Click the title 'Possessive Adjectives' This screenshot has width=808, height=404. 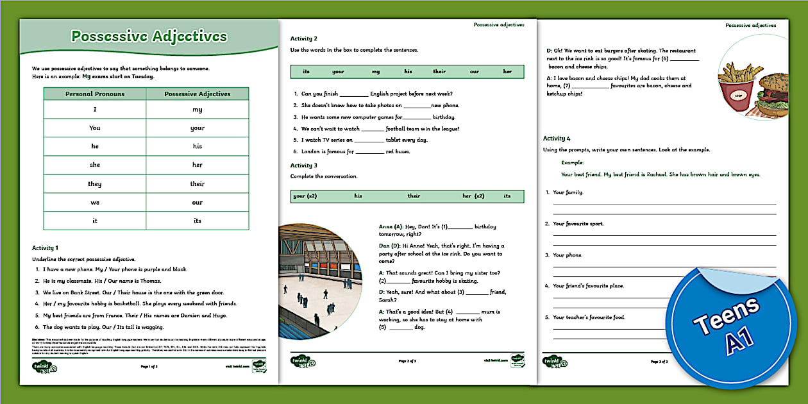149,37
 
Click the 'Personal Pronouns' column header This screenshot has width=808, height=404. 95,94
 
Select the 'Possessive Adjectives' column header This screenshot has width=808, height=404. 197,94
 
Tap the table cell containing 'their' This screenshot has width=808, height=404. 197,183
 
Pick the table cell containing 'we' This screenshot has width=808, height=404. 95,202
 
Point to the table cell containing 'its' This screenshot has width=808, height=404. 197,221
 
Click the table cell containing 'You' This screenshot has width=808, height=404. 95,128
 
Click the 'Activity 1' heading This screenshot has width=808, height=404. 45,247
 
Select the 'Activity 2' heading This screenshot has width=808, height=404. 304,38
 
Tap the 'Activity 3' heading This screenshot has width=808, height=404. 304,165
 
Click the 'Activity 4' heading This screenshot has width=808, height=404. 557,139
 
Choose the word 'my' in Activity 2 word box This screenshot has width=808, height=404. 376,72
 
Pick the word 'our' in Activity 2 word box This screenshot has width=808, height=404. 474,72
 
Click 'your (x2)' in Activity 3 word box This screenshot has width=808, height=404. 305,196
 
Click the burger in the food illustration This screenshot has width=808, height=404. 777,93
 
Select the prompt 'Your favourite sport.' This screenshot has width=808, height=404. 578,224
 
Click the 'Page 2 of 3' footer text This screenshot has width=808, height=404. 407,361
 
